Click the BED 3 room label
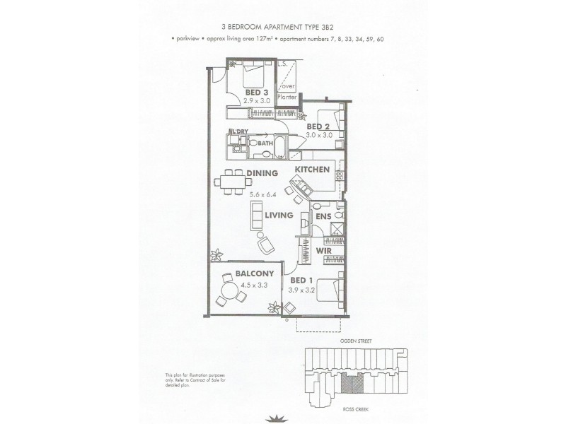[256, 92]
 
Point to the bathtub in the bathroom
[280, 146]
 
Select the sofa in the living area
[255, 214]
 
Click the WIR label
[324, 250]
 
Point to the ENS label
[323, 216]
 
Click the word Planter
[287, 98]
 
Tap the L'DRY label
[238, 132]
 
